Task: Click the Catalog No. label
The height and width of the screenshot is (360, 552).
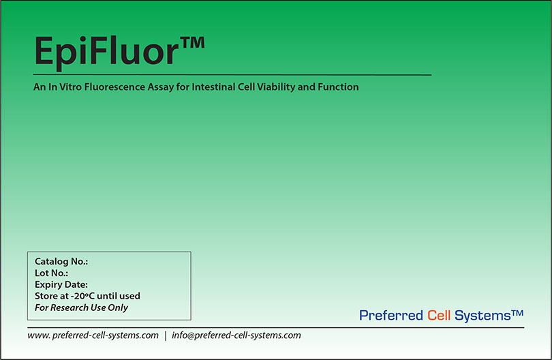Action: click(61, 261)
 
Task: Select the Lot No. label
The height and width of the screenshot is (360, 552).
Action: click(51, 273)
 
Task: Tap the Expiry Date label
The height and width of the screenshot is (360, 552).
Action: click(61, 284)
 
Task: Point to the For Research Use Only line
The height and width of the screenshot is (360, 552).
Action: click(81, 307)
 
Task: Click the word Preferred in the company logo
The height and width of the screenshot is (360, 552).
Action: click(390, 315)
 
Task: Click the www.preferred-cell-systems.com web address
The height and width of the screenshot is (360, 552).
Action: click(93, 335)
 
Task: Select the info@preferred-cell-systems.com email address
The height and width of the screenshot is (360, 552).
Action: click(236, 335)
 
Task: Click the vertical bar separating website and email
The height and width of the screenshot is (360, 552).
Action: click(165, 335)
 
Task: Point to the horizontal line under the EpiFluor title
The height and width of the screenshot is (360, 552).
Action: click(232, 74)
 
